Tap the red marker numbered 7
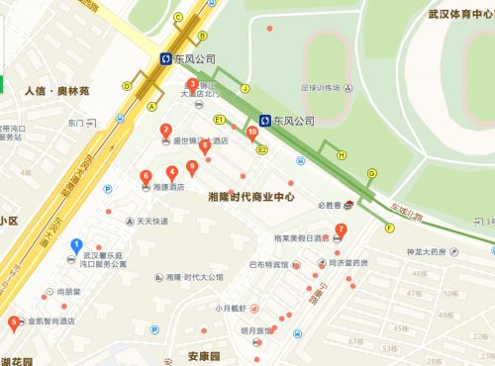(x=341, y=230)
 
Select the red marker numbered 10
(x=252, y=131)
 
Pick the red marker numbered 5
(x=13, y=320)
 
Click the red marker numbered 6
(x=146, y=175)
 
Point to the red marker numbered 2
(x=165, y=128)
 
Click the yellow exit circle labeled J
(x=244, y=89)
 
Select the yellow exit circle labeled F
(x=390, y=228)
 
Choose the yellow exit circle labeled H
(x=342, y=154)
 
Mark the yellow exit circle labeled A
(x=151, y=105)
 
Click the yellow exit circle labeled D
(x=127, y=85)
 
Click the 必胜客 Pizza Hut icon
(x=348, y=206)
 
